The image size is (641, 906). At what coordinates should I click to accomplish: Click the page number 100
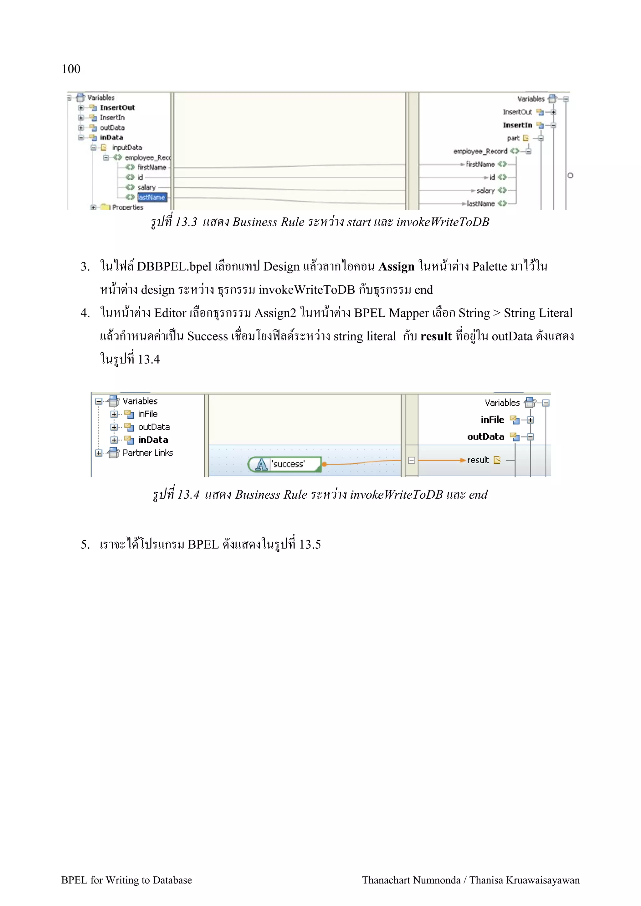(71, 69)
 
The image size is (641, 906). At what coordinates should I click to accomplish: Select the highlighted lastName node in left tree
(152, 197)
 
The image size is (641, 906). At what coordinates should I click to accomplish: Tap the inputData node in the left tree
(126, 148)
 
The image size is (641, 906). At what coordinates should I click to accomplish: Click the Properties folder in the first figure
(127, 207)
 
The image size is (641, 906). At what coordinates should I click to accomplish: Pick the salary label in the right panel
(485, 191)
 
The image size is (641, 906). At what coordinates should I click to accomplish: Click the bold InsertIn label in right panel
(517, 125)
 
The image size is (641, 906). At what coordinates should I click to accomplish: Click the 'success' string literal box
(288, 464)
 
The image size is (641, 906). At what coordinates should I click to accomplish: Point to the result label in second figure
(478, 460)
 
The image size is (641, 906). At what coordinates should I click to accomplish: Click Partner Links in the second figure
(147, 453)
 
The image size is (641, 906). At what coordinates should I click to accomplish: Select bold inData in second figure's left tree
(153, 440)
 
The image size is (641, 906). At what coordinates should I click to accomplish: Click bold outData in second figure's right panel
(485, 437)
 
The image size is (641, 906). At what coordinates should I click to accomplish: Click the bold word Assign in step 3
(396, 267)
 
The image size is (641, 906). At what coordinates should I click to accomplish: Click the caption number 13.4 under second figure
(188, 495)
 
